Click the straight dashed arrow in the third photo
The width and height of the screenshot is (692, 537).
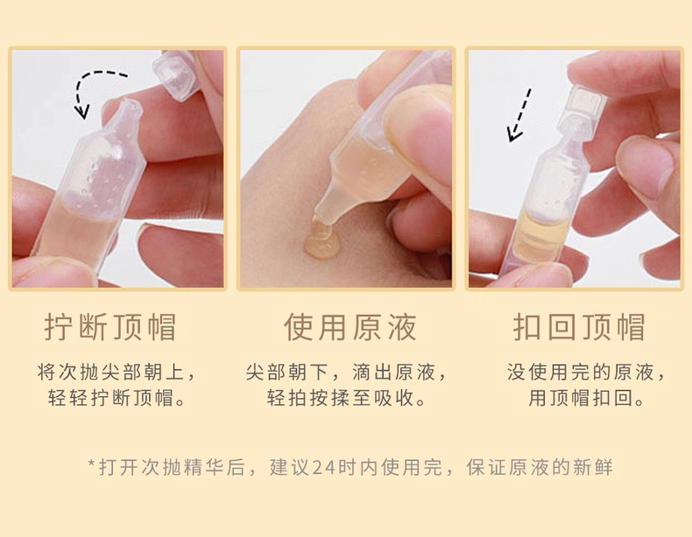[x=519, y=115]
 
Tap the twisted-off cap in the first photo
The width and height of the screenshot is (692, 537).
[x=177, y=74]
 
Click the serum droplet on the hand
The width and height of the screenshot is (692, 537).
[x=322, y=241]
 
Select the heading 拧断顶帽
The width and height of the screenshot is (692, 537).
[x=110, y=327]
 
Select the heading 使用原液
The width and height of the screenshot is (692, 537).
[x=350, y=327]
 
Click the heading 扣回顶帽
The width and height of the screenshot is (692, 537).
[x=579, y=327]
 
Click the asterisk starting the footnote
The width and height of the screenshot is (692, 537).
[x=92, y=464]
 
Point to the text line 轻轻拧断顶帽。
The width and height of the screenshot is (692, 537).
[x=117, y=397]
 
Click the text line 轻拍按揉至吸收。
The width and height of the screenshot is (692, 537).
[x=347, y=397]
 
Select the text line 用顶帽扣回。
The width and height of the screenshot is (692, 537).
[x=586, y=397]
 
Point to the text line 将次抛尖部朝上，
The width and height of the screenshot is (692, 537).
[x=117, y=373]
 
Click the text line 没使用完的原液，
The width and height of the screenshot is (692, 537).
[x=586, y=373]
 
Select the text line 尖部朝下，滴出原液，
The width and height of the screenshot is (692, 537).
[x=347, y=373]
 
